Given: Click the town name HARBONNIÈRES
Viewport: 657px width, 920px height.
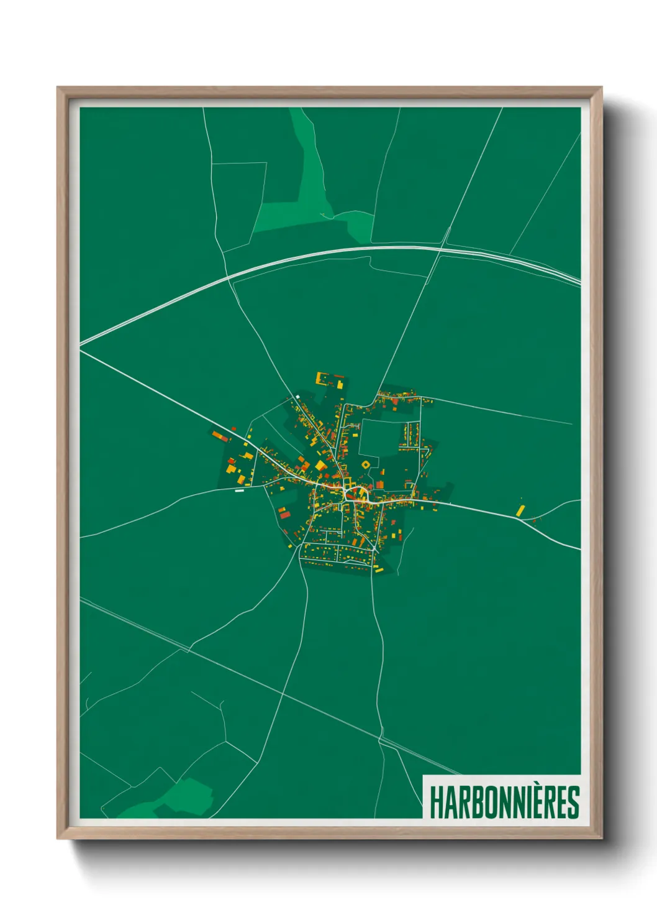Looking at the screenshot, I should (x=504, y=803).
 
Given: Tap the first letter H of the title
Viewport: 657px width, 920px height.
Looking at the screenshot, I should (x=436, y=803).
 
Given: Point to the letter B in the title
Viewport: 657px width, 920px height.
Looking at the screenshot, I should (x=473, y=803).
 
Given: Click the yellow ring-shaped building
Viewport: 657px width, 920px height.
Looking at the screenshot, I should (x=365, y=464).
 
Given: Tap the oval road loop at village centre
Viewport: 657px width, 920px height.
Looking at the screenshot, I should (x=356, y=494).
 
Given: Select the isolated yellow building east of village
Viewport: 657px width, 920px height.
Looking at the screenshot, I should (x=520, y=510).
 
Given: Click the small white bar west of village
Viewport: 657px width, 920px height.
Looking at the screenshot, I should (x=240, y=490).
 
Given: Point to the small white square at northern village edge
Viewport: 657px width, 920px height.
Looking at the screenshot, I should (x=297, y=396).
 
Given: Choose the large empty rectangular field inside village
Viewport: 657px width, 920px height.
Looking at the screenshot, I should (x=378, y=438).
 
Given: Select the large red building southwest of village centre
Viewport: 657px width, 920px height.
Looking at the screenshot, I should (x=285, y=513).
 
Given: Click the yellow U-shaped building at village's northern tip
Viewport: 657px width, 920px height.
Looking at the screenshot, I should (x=322, y=378).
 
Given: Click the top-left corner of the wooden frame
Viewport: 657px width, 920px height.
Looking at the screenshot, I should (x=59, y=89).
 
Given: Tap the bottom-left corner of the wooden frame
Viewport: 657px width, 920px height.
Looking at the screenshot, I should (x=59, y=837).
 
